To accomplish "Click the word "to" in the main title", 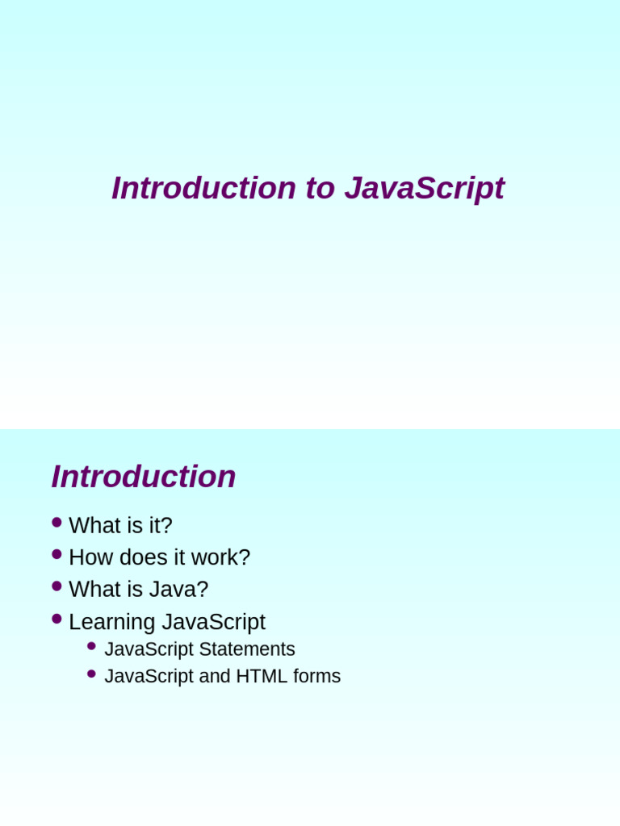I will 320,189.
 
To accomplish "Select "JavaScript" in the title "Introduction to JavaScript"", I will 424,189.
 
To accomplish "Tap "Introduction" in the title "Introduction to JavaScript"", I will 203,189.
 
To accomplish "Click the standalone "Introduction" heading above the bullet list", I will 144,477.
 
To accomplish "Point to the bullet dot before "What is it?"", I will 57,522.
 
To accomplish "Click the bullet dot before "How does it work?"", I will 57,554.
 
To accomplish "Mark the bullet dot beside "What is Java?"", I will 57,586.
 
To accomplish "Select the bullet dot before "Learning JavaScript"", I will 57,619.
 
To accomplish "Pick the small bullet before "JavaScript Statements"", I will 91,646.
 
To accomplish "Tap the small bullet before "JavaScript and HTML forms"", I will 91,674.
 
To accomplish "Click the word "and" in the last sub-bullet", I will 215,677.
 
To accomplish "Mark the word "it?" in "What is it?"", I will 160,526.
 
